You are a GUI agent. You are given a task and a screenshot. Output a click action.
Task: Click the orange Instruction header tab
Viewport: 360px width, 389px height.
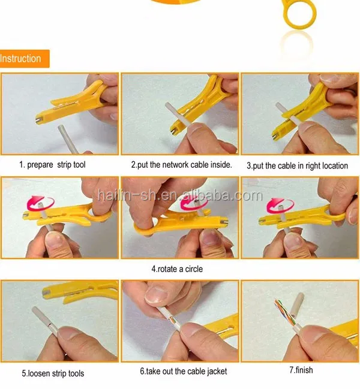(23, 59)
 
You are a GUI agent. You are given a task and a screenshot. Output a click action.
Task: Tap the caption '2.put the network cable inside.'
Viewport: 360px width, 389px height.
(181, 165)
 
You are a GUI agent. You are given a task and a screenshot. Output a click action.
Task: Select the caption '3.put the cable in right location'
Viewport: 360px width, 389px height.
(298, 165)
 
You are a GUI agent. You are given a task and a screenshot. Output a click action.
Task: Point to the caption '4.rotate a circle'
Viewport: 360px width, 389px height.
(177, 269)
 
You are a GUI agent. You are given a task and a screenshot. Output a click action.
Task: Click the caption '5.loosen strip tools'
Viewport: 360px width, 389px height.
(53, 373)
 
